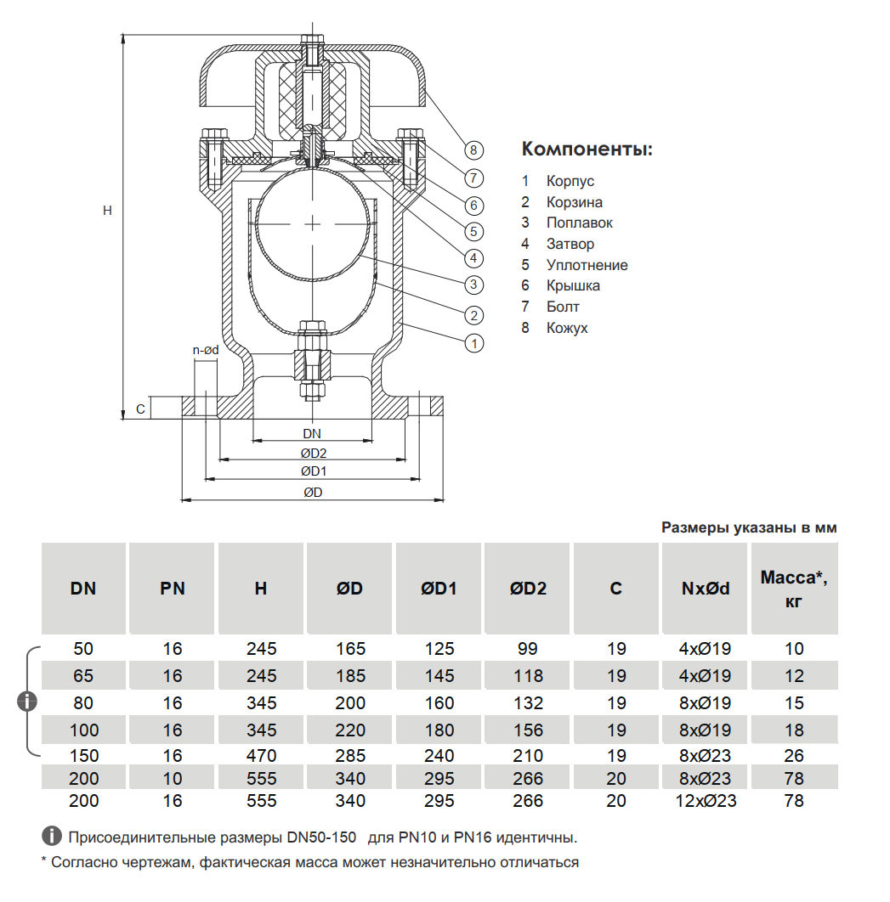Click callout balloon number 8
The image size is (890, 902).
pos(474,150)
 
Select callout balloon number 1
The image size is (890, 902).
pos(474,343)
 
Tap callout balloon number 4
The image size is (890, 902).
pos(474,258)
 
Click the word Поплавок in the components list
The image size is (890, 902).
pos(579,223)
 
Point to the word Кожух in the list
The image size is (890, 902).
pos(567,328)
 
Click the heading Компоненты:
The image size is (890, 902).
pos(587,149)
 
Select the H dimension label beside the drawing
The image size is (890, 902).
pos(107,210)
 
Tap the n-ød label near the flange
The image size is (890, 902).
pos(206,349)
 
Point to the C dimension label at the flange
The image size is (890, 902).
pos(140,409)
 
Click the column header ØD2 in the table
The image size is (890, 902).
pos(528,588)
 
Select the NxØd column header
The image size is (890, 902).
pos(706,588)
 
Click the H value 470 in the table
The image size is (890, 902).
pos(261,756)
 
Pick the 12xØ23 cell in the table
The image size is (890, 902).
pos(706,800)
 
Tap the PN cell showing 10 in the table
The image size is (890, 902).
pos(173,778)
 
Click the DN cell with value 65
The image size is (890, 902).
pos(83,676)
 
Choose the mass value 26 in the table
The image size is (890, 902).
pos(794,756)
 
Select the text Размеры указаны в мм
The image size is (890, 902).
pos(749,527)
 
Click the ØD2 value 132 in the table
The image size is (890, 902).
pos(528,703)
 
